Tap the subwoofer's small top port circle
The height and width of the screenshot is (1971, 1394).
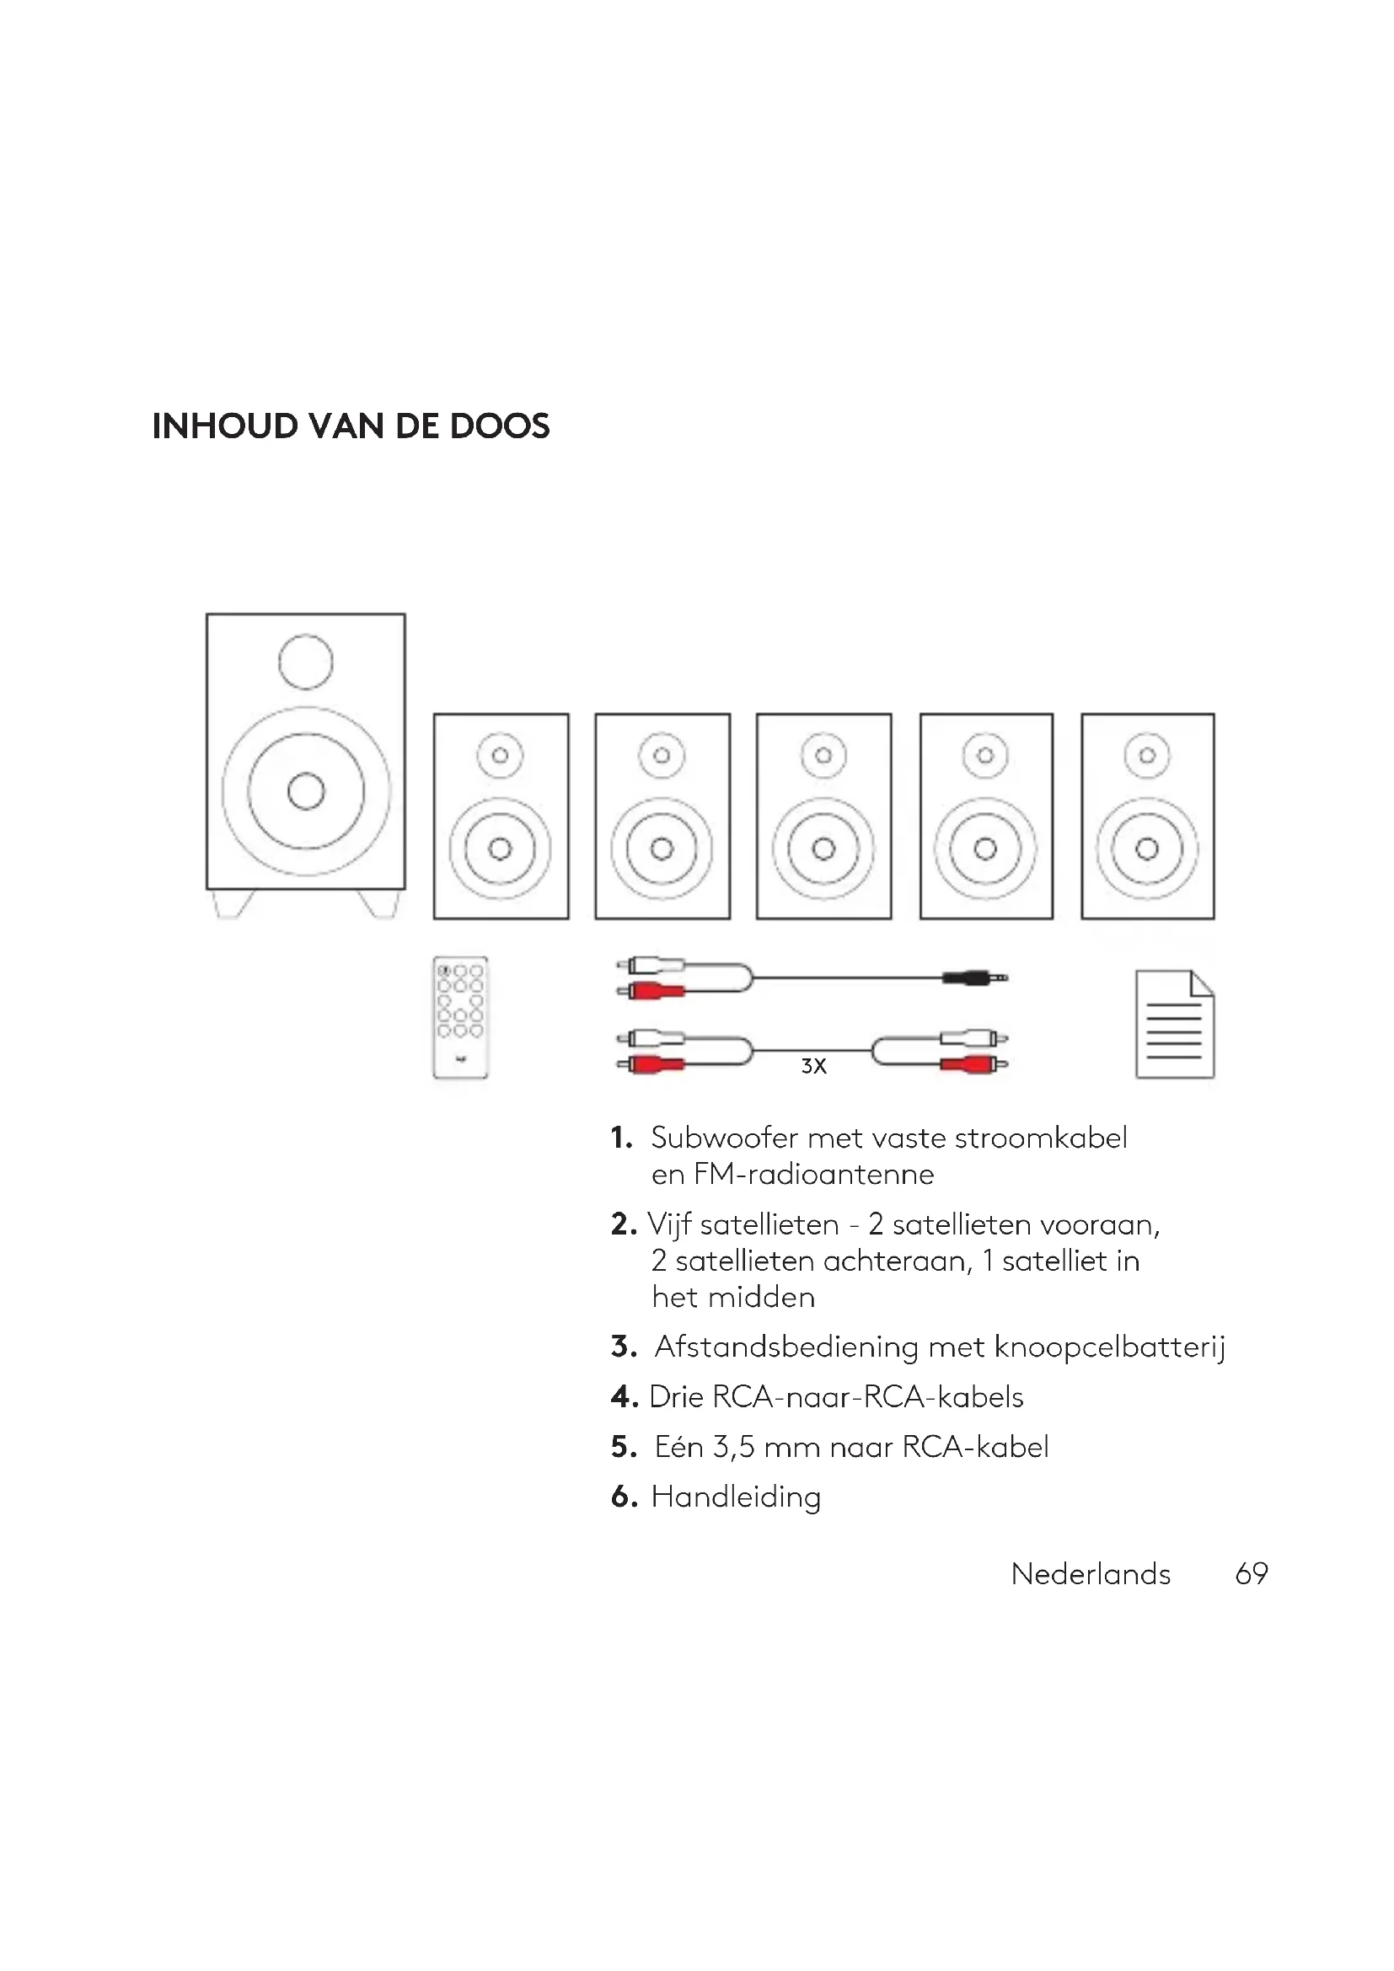(306, 661)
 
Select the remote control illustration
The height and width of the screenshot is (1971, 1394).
(460, 1017)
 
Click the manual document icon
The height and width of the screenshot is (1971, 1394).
(1174, 1024)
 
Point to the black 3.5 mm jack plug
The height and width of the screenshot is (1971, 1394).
(975, 977)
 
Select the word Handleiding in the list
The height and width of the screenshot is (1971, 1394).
(736, 1497)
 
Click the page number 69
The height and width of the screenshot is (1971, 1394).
(1252, 1573)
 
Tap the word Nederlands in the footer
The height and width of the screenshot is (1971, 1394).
(1091, 1573)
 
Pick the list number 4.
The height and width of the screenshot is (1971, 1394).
(624, 1396)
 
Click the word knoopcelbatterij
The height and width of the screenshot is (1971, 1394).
(1110, 1347)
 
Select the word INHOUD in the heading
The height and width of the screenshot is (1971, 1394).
(225, 426)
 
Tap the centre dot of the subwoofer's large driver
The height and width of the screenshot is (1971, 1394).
(306, 790)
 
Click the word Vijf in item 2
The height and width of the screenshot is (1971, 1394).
(668, 1224)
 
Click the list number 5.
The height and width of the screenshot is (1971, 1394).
(624, 1447)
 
